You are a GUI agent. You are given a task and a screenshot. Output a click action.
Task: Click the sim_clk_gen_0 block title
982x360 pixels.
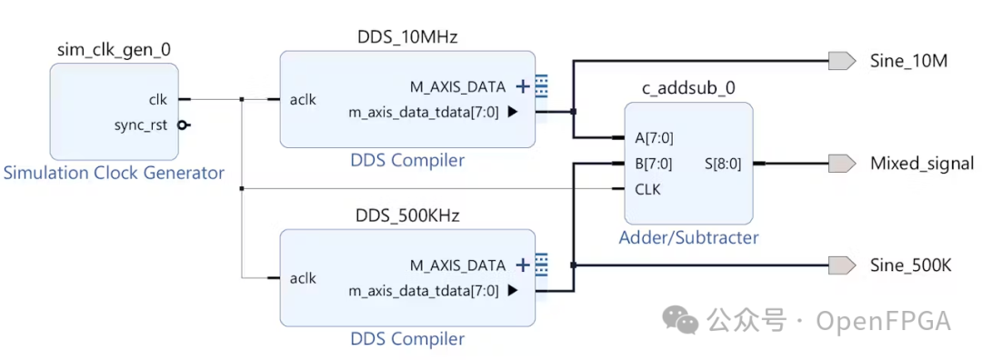[x=114, y=51]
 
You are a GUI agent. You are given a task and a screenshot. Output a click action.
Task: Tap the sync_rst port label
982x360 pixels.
[x=142, y=125]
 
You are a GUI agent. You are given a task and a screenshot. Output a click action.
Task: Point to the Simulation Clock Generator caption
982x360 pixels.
[x=114, y=173]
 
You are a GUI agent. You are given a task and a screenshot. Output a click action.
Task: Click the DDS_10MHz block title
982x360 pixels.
[x=406, y=37]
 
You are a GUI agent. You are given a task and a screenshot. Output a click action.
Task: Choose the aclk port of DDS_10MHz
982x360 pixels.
[x=303, y=99]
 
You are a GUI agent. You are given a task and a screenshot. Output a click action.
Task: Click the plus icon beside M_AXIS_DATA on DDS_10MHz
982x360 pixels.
[x=523, y=87]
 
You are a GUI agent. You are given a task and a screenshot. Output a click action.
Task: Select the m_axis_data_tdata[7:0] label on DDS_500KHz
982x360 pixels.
[x=424, y=291]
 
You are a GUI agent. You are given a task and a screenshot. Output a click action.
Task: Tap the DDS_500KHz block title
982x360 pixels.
[x=406, y=216]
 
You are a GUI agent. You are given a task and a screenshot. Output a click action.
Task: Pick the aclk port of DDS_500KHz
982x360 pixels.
[x=303, y=278]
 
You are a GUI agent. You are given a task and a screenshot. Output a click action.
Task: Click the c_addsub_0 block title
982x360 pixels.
[x=688, y=89]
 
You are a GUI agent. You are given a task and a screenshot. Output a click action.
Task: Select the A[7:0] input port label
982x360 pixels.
[x=655, y=138]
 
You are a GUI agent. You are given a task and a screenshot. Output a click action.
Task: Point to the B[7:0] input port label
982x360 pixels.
[x=655, y=165]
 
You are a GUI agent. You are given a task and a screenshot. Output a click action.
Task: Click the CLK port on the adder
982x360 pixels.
[x=648, y=190]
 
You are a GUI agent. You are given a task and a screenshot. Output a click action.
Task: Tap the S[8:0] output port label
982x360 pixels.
[x=723, y=165]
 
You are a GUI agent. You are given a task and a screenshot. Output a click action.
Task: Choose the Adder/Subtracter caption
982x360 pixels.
[x=688, y=238]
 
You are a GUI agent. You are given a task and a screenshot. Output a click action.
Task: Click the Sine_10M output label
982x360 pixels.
[x=909, y=61]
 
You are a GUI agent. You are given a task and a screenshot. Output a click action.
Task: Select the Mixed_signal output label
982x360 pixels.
[x=922, y=164]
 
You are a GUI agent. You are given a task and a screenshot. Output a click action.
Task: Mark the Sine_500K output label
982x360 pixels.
[x=911, y=265]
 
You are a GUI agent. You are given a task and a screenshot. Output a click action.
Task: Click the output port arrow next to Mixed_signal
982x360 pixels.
[x=842, y=164]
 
